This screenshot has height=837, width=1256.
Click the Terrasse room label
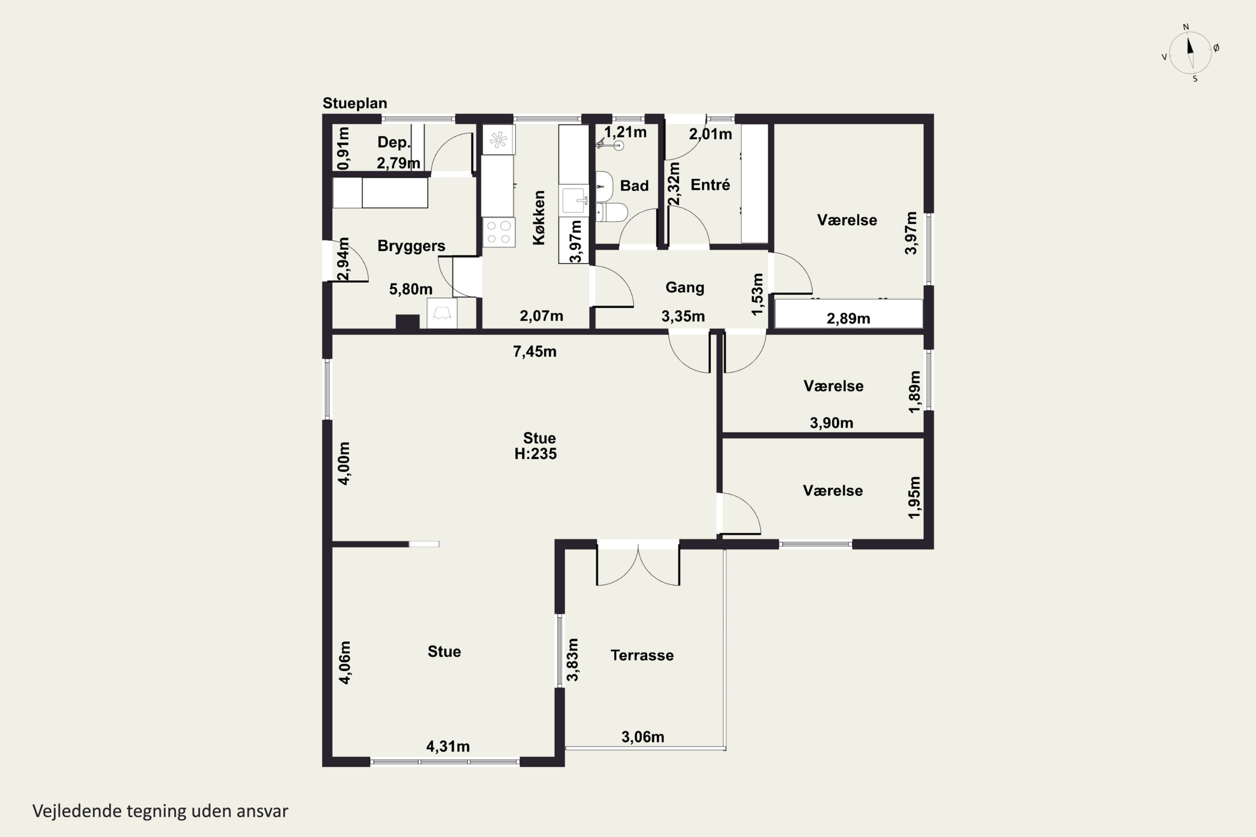[642, 655]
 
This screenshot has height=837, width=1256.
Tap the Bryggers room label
[411, 246]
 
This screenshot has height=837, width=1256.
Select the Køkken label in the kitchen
[539, 218]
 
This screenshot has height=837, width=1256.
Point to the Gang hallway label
[685, 288]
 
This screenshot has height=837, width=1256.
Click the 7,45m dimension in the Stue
[535, 352]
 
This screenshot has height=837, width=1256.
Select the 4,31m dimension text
[448, 747]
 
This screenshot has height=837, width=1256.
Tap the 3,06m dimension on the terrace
[643, 737]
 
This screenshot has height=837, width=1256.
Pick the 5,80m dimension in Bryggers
[411, 289]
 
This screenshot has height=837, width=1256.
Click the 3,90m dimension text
[831, 423]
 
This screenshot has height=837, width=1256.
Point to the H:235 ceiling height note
[535, 454]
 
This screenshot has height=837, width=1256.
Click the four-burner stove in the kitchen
[499, 232]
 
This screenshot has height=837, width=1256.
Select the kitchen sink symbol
[574, 200]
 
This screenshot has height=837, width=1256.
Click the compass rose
[1190, 53]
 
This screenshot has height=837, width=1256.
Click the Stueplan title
[355, 103]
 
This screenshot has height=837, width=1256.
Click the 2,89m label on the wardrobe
[849, 318]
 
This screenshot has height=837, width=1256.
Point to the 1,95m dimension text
[914, 498]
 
